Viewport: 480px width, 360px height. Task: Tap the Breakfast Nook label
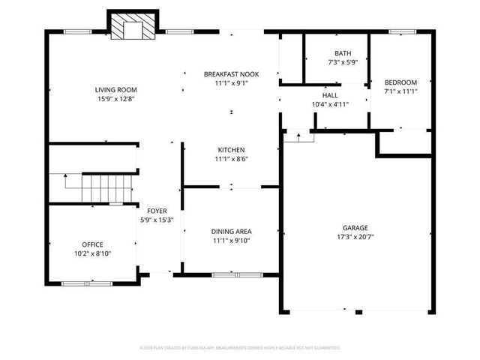click(231, 74)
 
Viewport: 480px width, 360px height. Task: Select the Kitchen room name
click(231, 150)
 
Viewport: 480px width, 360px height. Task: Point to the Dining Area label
click(231, 232)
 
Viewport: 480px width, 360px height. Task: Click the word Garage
click(355, 227)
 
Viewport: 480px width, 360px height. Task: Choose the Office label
click(93, 244)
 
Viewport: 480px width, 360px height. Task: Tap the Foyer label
click(157, 211)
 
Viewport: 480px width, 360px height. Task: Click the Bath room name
click(343, 53)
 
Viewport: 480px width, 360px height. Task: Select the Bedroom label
click(400, 82)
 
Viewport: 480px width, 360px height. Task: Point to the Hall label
click(331, 95)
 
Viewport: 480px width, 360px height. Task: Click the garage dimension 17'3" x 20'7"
click(355, 236)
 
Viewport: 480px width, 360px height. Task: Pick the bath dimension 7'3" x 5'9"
click(343, 62)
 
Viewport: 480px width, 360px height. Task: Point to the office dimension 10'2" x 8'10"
click(93, 253)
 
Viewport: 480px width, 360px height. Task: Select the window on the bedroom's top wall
click(403, 31)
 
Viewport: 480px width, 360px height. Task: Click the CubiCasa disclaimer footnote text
click(240, 348)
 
